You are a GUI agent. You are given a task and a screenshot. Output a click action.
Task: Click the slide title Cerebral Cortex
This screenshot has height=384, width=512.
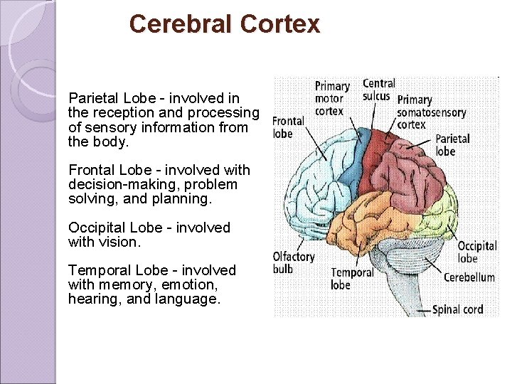(x=225, y=24)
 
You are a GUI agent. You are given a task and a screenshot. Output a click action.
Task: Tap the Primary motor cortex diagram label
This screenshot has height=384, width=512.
(x=329, y=99)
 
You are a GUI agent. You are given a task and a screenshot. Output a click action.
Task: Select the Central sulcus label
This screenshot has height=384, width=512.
(x=378, y=90)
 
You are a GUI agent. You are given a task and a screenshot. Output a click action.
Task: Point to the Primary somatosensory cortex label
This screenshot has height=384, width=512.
(x=431, y=112)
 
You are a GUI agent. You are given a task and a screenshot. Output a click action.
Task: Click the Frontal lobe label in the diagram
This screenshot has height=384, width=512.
(x=288, y=127)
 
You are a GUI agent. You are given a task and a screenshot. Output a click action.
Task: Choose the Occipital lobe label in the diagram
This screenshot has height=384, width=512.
(x=477, y=252)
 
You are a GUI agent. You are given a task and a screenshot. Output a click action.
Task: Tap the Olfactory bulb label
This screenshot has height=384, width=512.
(x=293, y=262)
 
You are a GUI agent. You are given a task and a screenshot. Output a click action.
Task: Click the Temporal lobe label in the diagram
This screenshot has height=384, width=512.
(x=352, y=278)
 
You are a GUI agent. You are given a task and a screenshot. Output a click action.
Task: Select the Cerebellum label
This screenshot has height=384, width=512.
(x=469, y=277)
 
